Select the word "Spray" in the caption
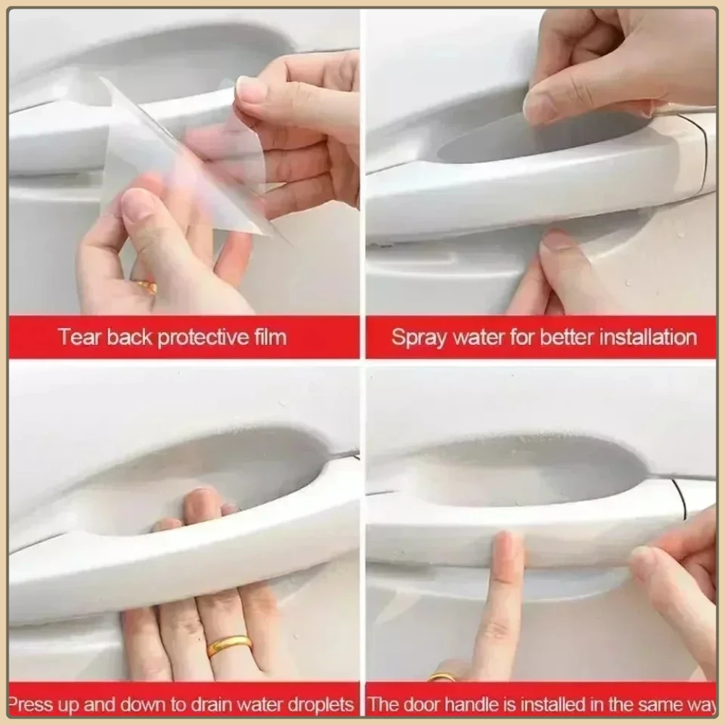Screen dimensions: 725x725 coord(419,338)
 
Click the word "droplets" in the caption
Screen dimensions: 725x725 coord(320,705)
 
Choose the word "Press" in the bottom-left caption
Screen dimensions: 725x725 coord(30,705)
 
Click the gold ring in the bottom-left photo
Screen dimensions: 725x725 coord(229,645)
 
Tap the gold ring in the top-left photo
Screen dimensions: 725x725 coord(146,286)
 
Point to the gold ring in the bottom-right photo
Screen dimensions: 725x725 coord(442,677)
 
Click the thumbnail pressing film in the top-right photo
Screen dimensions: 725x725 coord(538,108)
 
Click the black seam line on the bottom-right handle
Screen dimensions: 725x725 coord(680,499)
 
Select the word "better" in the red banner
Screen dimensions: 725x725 coord(567,337)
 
